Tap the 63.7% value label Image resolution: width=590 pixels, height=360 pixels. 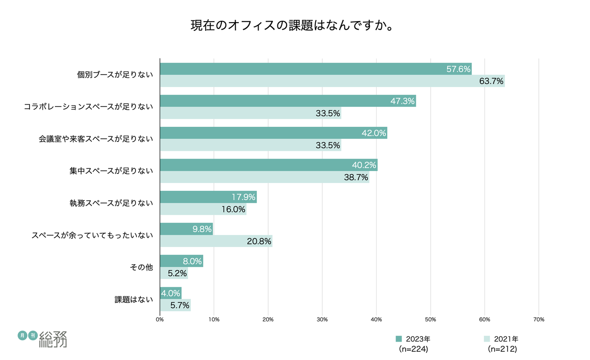point(491,82)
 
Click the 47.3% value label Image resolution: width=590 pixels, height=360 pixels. point(403,101)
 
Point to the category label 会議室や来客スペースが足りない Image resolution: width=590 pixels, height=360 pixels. point(95,138)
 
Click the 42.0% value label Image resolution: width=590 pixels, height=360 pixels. point(374,133)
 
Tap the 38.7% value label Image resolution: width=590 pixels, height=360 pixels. point(356,177)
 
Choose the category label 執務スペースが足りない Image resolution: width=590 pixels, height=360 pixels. point(110,203)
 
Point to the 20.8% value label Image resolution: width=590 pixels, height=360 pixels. point(259,241)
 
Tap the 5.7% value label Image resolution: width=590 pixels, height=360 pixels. point(178,305)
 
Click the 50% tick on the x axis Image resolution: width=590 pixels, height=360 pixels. point(431,319)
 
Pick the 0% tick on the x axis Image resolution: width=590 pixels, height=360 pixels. point(160,319)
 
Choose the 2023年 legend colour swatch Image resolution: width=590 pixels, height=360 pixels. point(399,339)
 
